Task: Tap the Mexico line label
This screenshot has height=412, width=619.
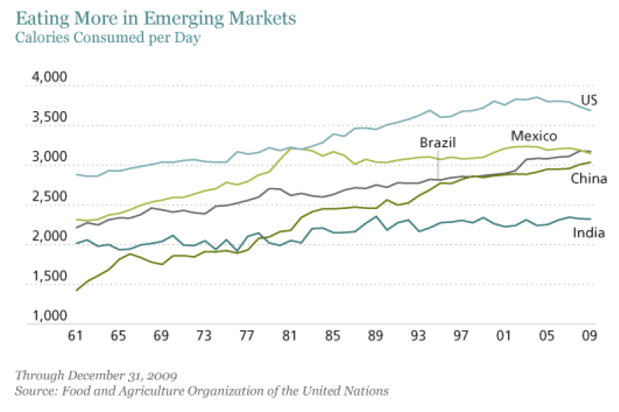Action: pos(534,136)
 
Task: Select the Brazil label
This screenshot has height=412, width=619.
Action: pos(437,142)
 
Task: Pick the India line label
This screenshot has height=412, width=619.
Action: pos(589,232)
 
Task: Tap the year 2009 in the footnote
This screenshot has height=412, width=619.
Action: pos(145,375)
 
